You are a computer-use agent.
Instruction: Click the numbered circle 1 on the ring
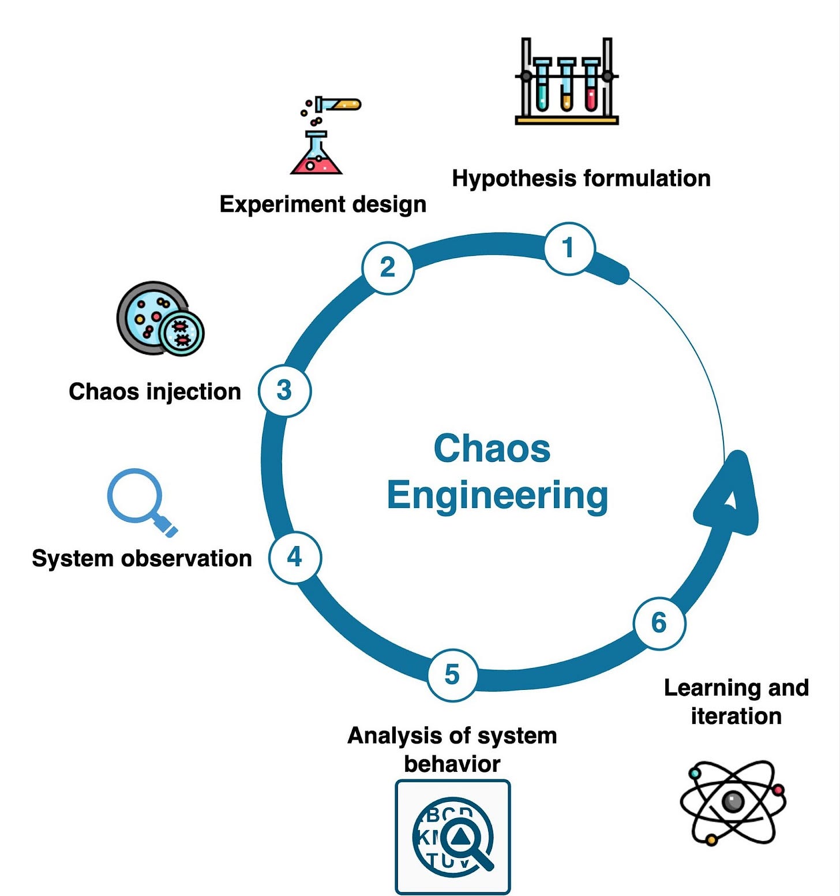coord(569,249)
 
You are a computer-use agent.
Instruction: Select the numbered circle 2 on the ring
coord(388,268)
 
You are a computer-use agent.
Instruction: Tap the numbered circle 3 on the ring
coord(284,391)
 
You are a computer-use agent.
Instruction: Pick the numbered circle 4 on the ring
coord(295,557)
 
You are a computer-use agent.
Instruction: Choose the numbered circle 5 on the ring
coord(453,675)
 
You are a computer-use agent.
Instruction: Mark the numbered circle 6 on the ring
coord(659,624)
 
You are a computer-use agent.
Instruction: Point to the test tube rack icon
coord(567,82)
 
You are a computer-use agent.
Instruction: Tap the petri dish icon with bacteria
coord(160,319)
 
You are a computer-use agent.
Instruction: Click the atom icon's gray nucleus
coord(733,802)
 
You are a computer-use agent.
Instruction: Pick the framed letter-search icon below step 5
coord(453,837)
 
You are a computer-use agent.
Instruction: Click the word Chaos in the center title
coord(492,449)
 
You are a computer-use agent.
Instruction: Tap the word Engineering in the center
coord(497,495)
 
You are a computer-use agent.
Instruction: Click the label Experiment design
coord(322,204)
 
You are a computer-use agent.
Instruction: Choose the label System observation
coord(142,558)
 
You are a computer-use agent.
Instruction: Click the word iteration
coord(736,716)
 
